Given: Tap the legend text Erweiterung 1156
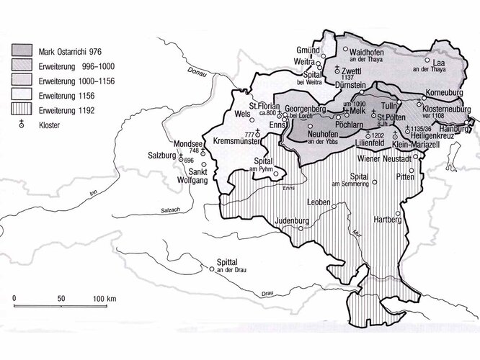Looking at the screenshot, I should (x=72, y=95).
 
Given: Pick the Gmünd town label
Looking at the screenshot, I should (x=308, y=50).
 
